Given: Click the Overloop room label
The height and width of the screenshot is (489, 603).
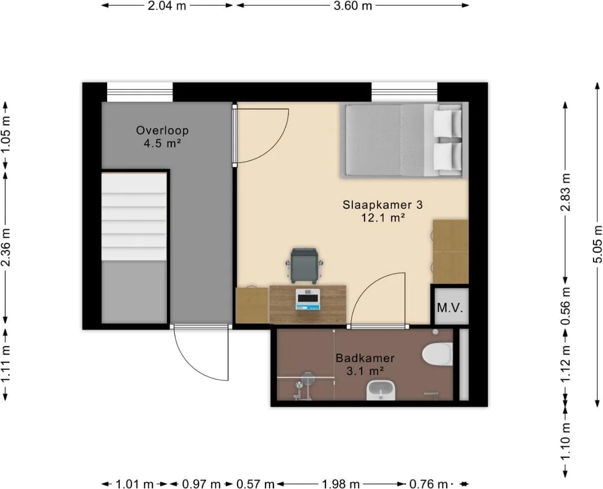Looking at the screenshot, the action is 162,130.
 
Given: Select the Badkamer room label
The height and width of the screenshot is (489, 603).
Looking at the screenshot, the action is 365,359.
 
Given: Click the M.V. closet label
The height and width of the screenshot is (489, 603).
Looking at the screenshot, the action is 450,308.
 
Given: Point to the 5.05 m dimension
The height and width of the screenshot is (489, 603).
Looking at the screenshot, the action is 597,244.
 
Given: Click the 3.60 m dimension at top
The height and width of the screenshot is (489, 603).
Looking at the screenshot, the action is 353,6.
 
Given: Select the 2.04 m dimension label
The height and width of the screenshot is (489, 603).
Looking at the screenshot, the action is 167,6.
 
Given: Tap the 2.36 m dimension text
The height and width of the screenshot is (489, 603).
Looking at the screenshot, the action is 6,247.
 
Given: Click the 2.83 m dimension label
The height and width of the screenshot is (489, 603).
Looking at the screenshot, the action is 566,192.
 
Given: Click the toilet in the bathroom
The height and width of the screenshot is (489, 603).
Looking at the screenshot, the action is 438,353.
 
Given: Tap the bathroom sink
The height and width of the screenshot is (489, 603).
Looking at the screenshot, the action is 381,390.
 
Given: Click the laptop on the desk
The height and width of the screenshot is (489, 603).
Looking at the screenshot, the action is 307,299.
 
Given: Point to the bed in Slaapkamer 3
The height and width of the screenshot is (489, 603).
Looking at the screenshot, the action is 404,140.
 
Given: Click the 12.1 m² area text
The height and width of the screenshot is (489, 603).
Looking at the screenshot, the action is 382,218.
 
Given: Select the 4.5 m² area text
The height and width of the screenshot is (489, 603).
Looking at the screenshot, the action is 162,143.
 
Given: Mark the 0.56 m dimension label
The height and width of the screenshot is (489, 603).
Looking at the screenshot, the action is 566,306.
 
